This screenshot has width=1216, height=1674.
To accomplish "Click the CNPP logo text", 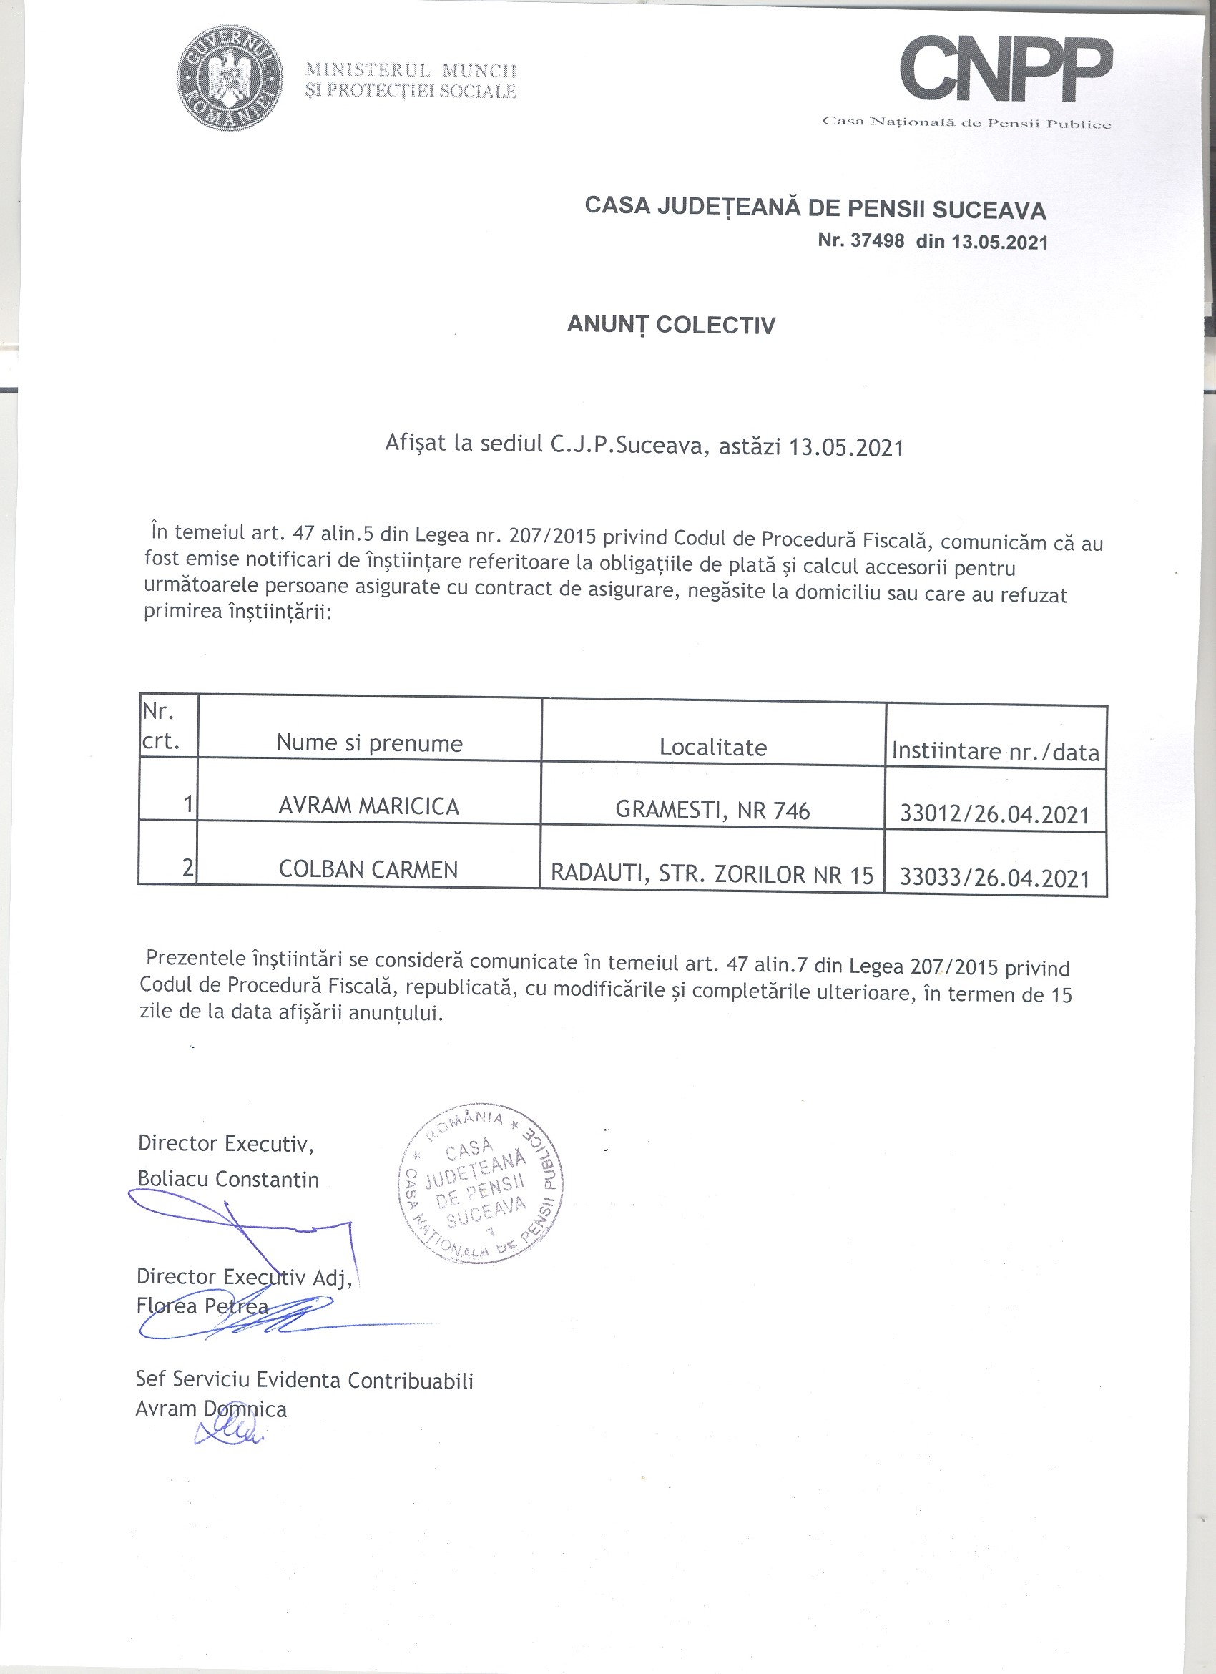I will pyautogui.click(x=1009, y=72).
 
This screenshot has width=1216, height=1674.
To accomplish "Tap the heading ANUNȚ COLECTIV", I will pyautogui.click(x=671, y=325).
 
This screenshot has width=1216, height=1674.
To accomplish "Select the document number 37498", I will pyautogui.click(x=876, y=240).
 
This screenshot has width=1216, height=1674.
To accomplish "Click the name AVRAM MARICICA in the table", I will pyautogui.click(x=369, y=806).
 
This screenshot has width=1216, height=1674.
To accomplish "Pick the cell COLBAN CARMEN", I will pyautogui.click(x=368, y=869).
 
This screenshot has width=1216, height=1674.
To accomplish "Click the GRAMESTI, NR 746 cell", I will pyautogui.click(x=712, y=811).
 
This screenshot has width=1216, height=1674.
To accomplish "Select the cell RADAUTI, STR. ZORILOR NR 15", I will pyautogui.click(x=712, y=875).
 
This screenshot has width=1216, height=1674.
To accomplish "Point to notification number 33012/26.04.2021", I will pyautogui.click(x=995, y=814).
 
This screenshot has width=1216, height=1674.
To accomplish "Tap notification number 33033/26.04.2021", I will pyautogui.click(x=995, y=877).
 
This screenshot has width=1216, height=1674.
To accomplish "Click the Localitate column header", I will pyautogui.click(x=712, y=748).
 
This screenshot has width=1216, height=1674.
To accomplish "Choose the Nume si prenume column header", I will pyautogui.click(x=370, y=743).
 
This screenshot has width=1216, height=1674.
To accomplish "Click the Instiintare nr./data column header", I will pyautogui.click(x=996, y=751).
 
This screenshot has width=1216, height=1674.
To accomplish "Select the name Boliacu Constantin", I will pyautogui.click(x=228, y=1179).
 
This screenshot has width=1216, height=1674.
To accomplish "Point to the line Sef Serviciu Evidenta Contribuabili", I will pyautogui.click(x=304, y=1379).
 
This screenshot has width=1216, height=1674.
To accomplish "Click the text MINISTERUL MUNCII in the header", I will pyautogui.click(x=411, y=70).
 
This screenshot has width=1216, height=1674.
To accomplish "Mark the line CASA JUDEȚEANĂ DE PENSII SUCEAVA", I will pyautogui.click(x=815, y=208).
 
